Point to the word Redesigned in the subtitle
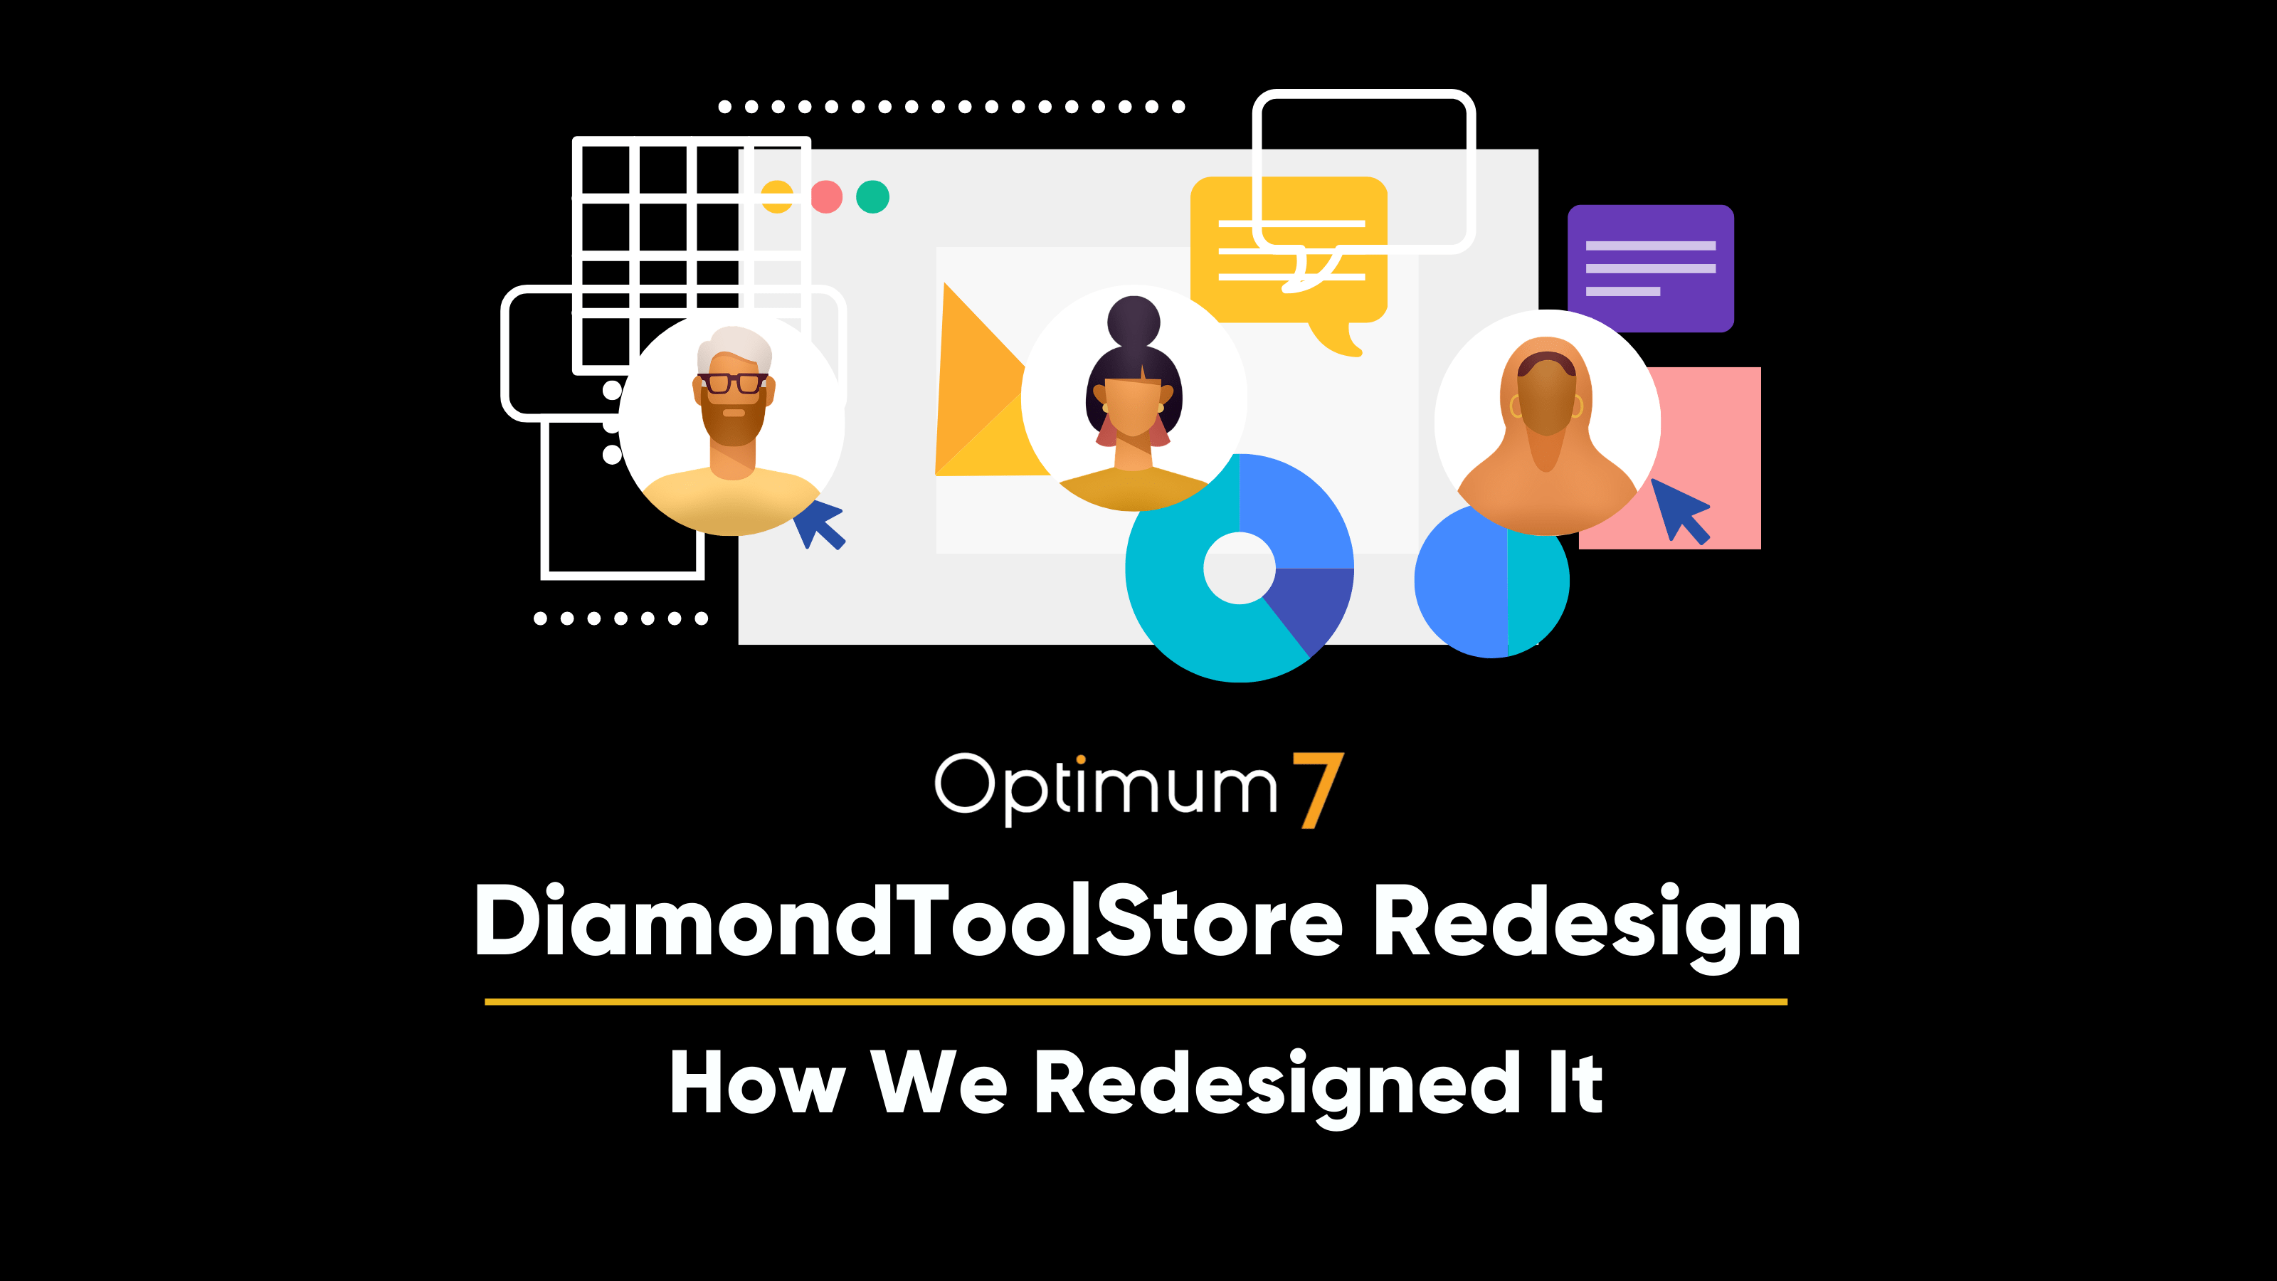1277,1087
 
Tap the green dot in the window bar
872,196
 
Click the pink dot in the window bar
826,196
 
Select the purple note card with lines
1650,268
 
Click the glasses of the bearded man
733,383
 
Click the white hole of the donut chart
1240,568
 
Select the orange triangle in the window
981,380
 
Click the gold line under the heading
1136,1001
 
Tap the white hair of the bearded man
734,347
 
